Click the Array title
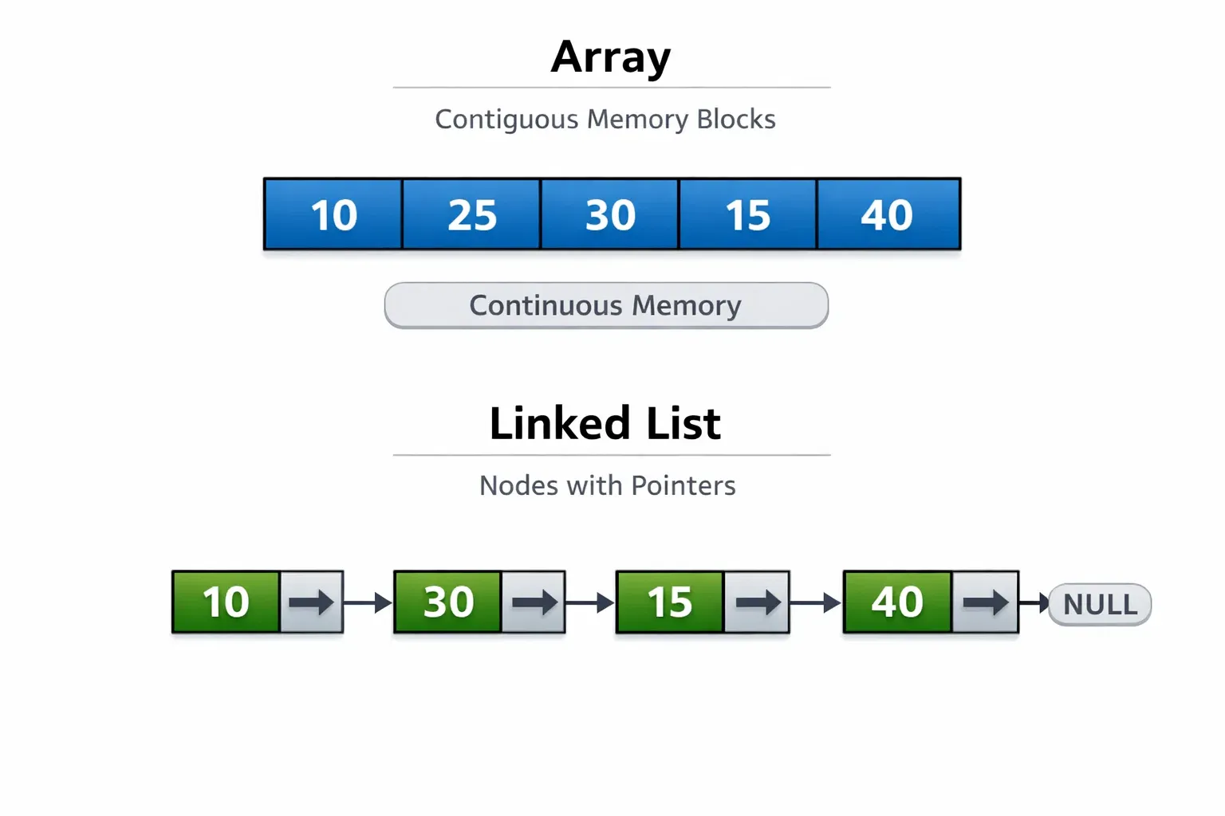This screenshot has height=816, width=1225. point(611,57)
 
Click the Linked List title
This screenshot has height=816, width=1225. point(605,423)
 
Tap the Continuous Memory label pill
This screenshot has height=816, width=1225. point(606,305)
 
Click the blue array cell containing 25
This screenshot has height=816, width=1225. point(471,214)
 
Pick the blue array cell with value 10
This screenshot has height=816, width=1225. point(333,214)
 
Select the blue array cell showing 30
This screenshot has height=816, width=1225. point(610,214)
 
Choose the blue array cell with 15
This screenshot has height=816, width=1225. point(747,214)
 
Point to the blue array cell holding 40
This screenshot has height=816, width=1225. point(888,214)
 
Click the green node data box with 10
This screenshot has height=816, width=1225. point(226,602)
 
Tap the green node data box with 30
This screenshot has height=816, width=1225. point(448,602)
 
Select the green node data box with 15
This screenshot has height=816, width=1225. point(670,602)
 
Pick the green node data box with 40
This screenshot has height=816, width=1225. point(897,602)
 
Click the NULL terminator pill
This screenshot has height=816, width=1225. point(1100,605)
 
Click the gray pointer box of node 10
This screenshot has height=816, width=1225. point(312,602)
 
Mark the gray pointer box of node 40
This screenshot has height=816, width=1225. point(986,602)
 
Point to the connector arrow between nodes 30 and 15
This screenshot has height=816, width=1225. point(590,602)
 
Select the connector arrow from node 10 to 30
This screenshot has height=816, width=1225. point(368,602)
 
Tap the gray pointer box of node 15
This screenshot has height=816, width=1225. point(757,602)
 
